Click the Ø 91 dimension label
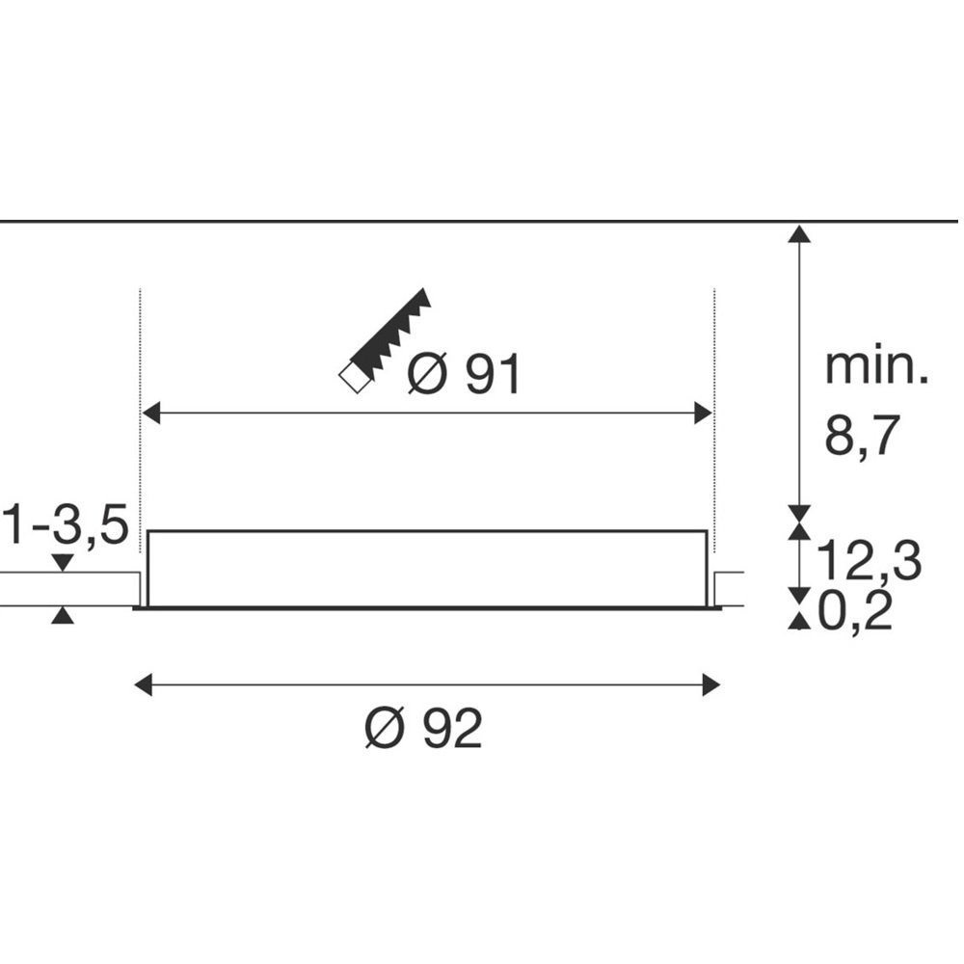click(x=465, y=373)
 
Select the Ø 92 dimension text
click(x=423, y=728)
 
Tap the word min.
click(x=876, y=366)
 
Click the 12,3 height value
click(x=869, y=561)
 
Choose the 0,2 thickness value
click(x=855, y=612)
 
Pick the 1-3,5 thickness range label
click(x=66, y=525)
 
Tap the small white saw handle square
click(x=356, y=378)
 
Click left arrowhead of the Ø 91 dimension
click(x=150, y=413)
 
